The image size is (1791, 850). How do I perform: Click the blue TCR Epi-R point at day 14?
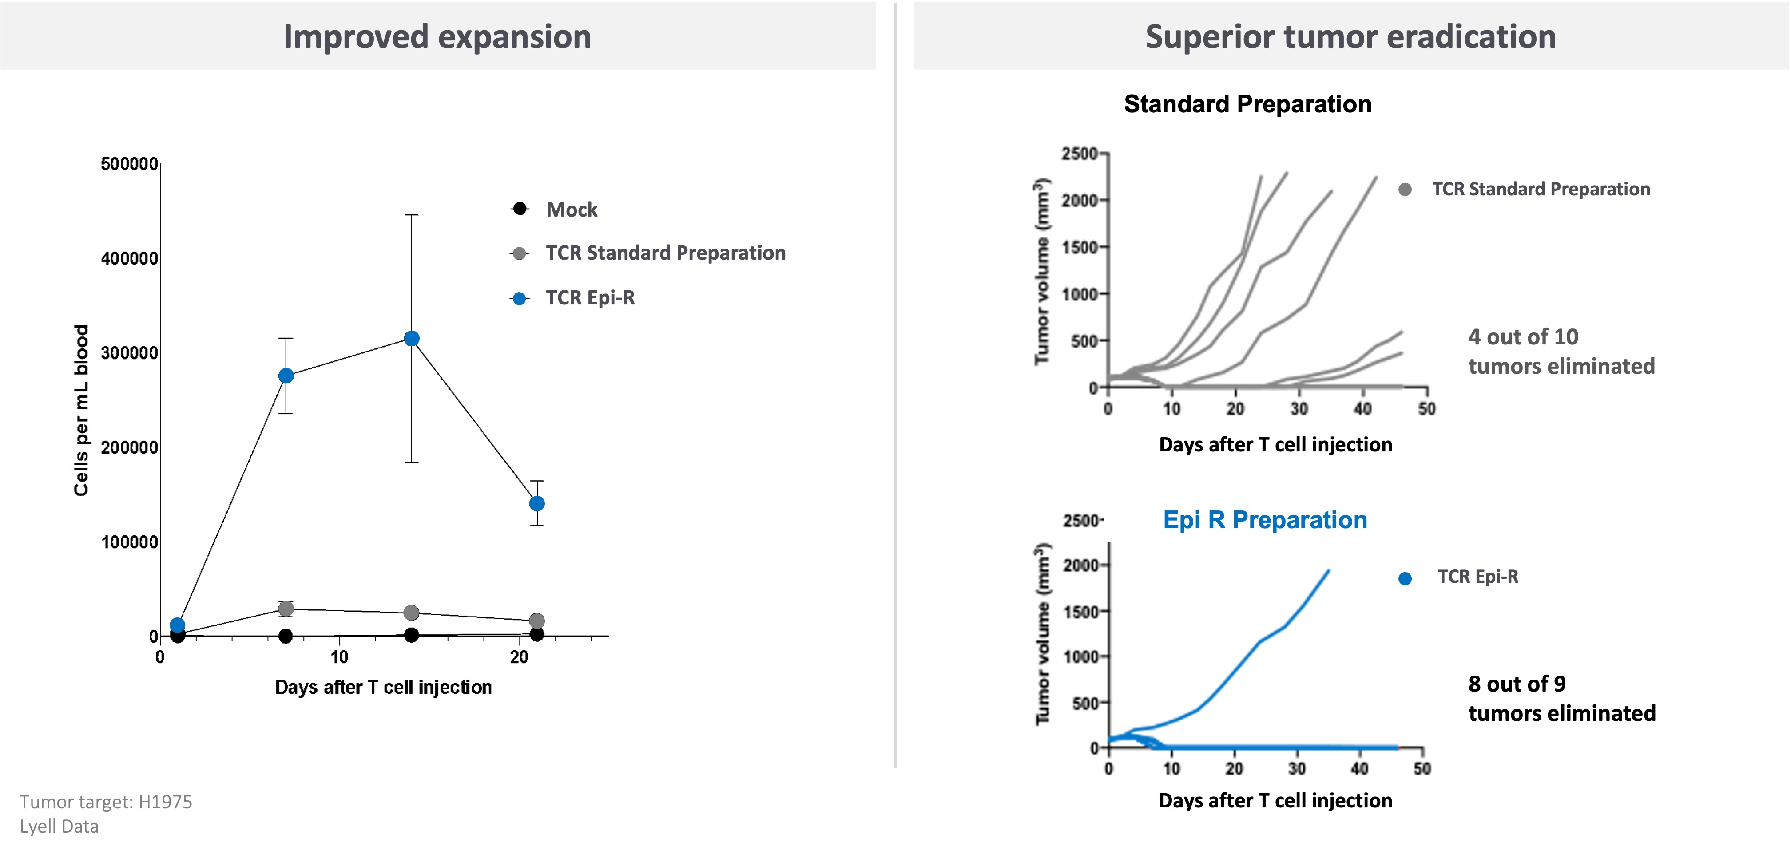[412, 339]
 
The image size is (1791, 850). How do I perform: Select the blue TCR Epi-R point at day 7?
[286, 376]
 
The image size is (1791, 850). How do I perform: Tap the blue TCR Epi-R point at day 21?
[537, 503]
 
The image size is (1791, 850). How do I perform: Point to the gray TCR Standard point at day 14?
[412, 612]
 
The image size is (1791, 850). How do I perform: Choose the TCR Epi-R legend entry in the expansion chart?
[590, 297]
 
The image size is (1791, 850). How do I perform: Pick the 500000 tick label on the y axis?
[129, 164]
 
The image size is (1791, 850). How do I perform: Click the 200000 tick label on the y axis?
[129, 447]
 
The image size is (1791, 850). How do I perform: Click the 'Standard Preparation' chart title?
[1247, 103]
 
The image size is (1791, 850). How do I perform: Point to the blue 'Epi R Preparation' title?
[1265, 519]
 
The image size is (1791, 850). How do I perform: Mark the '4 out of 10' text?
[1523, 336]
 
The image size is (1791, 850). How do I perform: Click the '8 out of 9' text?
[1517, 684]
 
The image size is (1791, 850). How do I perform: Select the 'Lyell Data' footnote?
[59, 826]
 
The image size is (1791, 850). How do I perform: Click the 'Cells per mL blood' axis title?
[81, 410]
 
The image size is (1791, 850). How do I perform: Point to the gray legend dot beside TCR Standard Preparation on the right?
[1405, 189]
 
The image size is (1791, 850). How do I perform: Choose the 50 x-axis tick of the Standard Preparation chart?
[1426, 409]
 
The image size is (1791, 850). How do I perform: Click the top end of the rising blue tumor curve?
[1329, 571]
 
